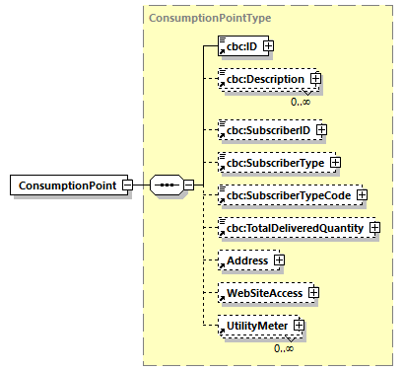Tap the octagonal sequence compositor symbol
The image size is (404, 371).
coord(164,185)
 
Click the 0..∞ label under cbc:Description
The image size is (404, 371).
coord(301,101)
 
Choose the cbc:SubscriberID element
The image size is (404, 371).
coord(264,129)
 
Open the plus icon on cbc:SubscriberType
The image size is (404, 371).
coord(336,162)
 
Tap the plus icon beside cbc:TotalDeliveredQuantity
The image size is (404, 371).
coord(376,228)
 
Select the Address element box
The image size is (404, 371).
coord(246,260)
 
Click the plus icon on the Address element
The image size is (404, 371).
coord(280,260)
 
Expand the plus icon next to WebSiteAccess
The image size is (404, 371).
coord(312,293)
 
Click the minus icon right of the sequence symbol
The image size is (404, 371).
coord(188,185)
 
